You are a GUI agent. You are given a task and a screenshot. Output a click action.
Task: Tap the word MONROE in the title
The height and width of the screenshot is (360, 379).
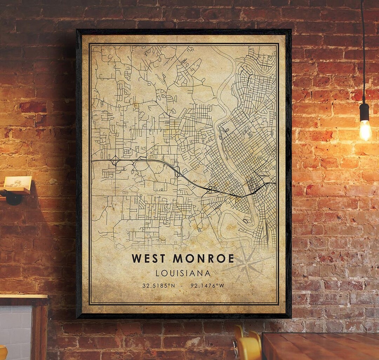[x=203, y=258]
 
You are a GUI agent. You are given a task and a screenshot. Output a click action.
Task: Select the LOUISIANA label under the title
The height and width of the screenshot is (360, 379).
[x=183, y=273]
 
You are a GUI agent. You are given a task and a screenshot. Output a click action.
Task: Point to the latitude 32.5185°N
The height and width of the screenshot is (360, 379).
[x=159, y=286]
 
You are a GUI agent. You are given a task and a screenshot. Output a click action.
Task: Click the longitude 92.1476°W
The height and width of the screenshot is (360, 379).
[x=207, y=286]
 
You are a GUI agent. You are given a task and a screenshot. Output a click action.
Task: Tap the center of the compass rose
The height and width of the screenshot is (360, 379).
[x=248, y=264]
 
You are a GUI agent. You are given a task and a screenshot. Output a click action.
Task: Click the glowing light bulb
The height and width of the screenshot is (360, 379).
[x=365, y=130]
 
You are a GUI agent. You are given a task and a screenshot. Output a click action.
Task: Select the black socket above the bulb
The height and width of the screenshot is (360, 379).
[x=365, y=112]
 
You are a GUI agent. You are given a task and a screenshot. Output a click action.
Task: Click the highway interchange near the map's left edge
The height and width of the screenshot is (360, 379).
[x=115, y=161]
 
